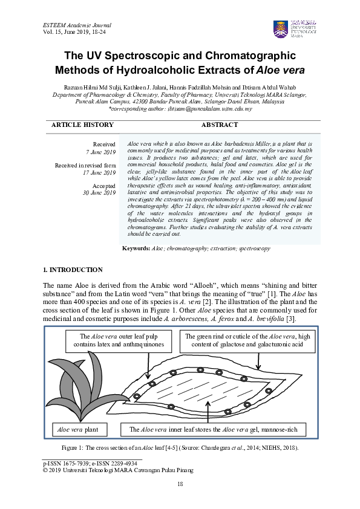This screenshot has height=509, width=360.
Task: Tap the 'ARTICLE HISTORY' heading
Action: (82, 125)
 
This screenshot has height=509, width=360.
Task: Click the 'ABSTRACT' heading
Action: (219, 125)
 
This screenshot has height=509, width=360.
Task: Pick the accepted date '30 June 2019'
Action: (99, 193)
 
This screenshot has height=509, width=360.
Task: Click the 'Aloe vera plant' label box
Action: (80, 430)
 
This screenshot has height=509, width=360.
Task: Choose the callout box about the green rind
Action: (247, 341)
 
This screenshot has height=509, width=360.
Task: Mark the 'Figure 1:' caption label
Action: (76, 447)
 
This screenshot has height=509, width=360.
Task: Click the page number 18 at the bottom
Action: (180, 484)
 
